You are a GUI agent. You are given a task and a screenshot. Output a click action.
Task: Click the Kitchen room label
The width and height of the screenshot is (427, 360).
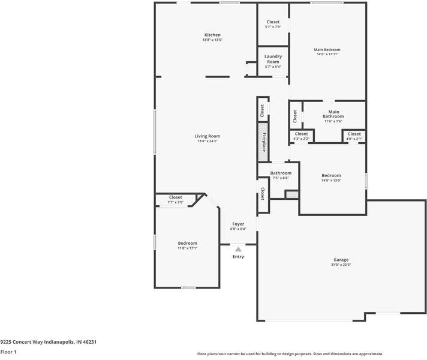[212, 35]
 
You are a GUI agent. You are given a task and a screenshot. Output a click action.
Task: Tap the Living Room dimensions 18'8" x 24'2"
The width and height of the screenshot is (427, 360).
[207, 141]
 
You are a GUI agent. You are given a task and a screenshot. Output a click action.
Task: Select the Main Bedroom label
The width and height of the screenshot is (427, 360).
[327, 49]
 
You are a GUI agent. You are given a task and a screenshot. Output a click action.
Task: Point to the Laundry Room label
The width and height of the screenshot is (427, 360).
[273, 59]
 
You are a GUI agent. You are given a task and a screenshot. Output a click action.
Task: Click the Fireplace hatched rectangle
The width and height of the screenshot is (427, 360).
[263, 142]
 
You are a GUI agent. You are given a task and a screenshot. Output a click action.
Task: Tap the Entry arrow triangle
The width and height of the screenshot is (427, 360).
[238, 248]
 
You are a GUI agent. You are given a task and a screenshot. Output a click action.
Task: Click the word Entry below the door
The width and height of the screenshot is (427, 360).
[238, 257]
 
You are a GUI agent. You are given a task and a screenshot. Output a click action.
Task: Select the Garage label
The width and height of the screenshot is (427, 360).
[341, 260]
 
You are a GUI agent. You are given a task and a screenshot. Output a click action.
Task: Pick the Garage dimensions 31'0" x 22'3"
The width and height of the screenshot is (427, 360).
[341, 265]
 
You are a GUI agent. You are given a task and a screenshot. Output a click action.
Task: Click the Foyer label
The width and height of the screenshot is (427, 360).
[238, 224]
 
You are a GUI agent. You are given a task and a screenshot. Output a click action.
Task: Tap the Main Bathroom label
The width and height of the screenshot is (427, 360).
[333, 113]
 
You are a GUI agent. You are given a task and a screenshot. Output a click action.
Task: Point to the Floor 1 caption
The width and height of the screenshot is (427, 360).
[8, 352]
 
